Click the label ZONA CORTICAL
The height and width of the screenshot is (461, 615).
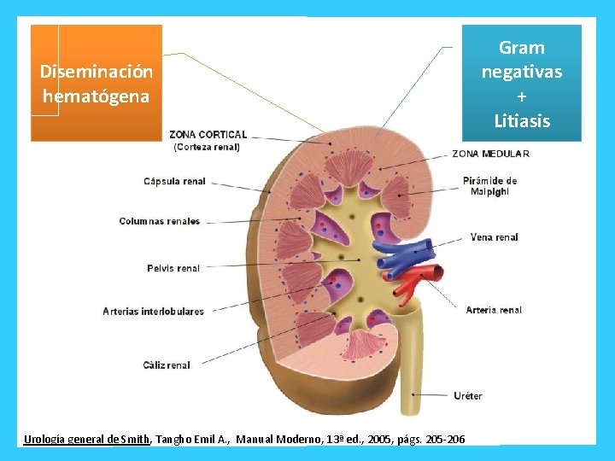point(208,135)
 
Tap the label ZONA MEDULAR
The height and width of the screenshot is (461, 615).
point(490,154)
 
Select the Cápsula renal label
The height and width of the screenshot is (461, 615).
point(174,181)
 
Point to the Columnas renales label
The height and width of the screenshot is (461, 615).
point(160,221)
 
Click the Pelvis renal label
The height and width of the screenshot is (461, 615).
point(173,268)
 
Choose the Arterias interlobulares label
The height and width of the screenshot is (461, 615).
point(154,312)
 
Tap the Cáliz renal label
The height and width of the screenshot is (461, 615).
point(167,365)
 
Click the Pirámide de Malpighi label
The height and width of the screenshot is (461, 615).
point(489,186)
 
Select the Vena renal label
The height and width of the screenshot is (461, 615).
point(494,237)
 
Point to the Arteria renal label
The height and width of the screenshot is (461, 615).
point(494,310)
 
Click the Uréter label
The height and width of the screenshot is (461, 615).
point(468,395)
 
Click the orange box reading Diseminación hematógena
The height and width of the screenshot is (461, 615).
point(97,83)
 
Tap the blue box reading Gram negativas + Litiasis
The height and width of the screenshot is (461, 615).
point(522,83)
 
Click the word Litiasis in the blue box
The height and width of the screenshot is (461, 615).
point(522,121)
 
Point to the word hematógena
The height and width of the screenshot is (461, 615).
point(96,96)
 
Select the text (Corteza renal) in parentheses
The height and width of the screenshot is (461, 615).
point(206,147)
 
